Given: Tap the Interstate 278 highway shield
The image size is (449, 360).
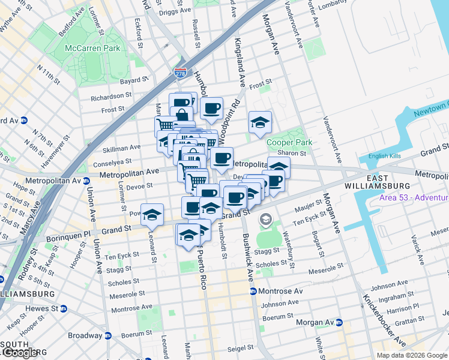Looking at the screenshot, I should point(180,73).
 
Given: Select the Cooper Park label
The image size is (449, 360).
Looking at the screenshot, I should point(289,143).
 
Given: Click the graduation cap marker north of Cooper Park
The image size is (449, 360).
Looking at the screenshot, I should point(260,122).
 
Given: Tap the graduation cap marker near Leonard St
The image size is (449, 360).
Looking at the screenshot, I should point(152,214).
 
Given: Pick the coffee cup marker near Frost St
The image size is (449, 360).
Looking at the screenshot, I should point(211,109).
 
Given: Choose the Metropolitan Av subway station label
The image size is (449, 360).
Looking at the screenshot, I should point(55,180).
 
